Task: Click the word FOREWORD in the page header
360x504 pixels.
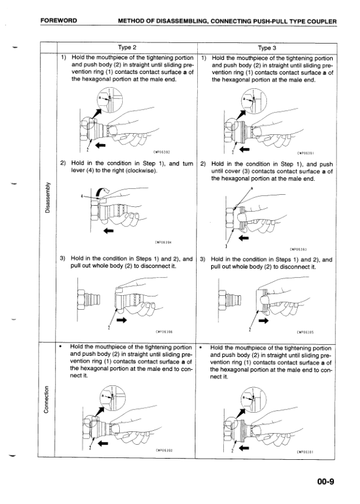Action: point(59,21)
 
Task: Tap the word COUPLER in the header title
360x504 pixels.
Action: point(321,22)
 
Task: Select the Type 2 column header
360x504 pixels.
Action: point(127,48)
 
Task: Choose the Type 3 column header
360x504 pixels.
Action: point(267,48)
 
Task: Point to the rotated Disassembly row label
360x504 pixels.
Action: point(48,197)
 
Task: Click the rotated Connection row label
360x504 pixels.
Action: point(47,399)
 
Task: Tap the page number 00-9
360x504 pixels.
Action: point(326,482)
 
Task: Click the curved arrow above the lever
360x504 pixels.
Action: point(104,192)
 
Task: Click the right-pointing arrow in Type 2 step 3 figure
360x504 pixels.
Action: point(122,320)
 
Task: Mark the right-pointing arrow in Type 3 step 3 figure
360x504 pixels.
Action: point(263,321)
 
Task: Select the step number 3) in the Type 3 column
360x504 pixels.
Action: point(203,260)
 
